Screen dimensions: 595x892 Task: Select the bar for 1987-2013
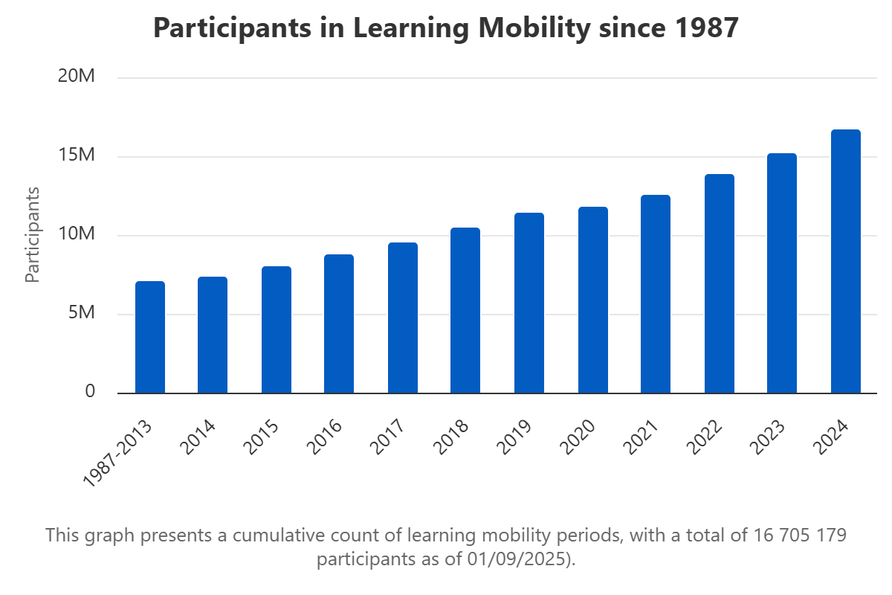[150, 338]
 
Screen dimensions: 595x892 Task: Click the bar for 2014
[213, 335]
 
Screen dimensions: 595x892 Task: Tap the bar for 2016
[339, 324]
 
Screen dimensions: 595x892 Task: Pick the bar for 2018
[465, 311]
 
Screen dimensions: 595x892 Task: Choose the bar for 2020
[593, 300]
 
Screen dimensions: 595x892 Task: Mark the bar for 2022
[720, 284]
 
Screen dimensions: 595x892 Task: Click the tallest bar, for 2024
[846, 262]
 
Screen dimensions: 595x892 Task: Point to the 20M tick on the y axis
[77, 77]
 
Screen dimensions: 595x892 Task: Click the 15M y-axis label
[77, 156]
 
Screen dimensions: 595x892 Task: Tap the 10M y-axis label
[77, 235]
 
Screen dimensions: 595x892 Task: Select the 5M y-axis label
[82, 314]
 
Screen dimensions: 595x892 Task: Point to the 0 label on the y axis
[90, 392]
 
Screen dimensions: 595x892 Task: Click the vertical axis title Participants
[32, 235]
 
